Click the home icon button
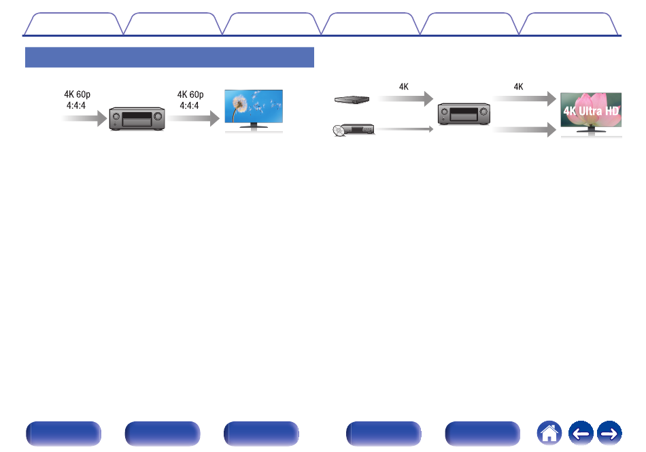(x=549, y=433)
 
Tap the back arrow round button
(x=581, y=433)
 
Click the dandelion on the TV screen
(x=239, y=103)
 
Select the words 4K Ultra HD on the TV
(x=591, y=111)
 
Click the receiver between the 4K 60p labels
(x=137, y=119)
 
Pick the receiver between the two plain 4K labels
(x=464, y=114)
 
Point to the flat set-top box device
(x=352, y=100)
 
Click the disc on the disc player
(x=338, y=131)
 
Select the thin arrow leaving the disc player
(x=404, y=129)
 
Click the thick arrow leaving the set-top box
(x=406, y=99)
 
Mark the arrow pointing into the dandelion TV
(x=194, y=118)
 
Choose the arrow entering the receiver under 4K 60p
(x=84, y=118)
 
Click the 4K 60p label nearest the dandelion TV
(x=190, y=100)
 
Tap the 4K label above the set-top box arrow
(x=404, y=87)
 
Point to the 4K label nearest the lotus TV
(x=518, y=87)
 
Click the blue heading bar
(x=169, y=57)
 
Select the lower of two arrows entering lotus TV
(x=524, y=130)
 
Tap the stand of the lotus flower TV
(x=591, y=129)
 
